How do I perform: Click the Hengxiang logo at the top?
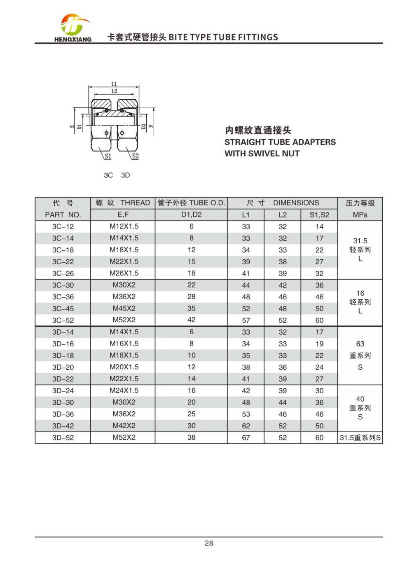[x=73, y=28]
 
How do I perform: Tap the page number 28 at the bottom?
[x=208, y=543]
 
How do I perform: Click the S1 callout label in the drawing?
[x=108, y=156]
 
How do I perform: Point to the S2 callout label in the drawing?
[x=135, y=156]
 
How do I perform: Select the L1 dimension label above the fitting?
[x=114, y=84]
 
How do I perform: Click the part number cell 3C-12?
[x=63, y=226]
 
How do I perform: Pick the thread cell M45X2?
[x=124, y=308]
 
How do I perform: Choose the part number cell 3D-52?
[x=63, y=438]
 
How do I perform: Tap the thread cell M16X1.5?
[x=124, y=343]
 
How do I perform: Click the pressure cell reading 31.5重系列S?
[x=360, y=438]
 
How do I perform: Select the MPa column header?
[x=360, y=215]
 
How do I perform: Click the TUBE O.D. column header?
[x=191, y=203]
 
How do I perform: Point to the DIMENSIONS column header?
[x=283, y=203]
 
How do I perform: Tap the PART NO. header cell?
[x=63, y=215]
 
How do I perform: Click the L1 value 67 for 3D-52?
[x=246, y=438]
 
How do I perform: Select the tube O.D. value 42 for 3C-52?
[x=191, y=320]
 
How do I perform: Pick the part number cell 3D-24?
[x=63, y=391]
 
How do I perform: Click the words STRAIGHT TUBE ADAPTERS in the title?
[x=280, y=142]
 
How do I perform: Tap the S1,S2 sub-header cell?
[x=319, y=215]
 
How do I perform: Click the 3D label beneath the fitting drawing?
[x=125, y=175]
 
